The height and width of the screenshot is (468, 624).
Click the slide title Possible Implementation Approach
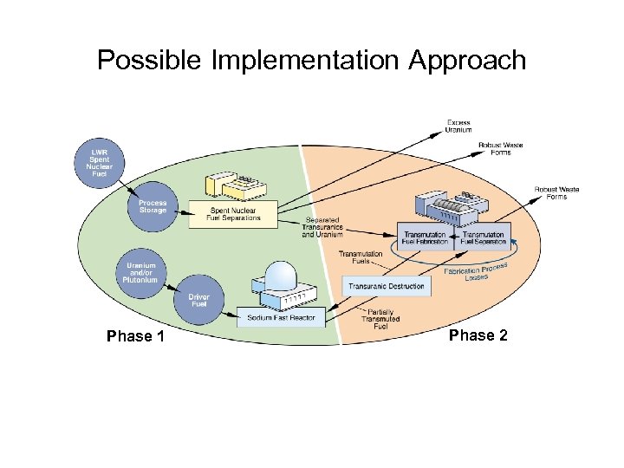click(311, 60)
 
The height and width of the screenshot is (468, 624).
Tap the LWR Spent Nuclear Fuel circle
click(101, 162)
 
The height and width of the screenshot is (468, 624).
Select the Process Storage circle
click(152, 206)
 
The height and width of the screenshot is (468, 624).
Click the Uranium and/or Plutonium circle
click(141, 272)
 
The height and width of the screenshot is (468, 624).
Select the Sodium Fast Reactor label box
click(282, 318)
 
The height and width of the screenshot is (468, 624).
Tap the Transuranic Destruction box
click(387, 286)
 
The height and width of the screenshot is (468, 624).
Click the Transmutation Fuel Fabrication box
click(426, 237)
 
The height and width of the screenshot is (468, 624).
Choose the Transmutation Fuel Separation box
click(484, 237)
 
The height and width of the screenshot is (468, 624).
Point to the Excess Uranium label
click(458, 126)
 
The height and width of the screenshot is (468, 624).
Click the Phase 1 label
click(135, 336)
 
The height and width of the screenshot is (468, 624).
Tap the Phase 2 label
click(478, 335)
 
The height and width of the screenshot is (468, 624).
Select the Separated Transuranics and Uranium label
click(322, 227)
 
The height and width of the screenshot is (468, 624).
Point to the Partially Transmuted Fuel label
click(382, 319)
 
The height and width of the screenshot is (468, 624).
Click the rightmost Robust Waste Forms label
click(556, 192)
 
